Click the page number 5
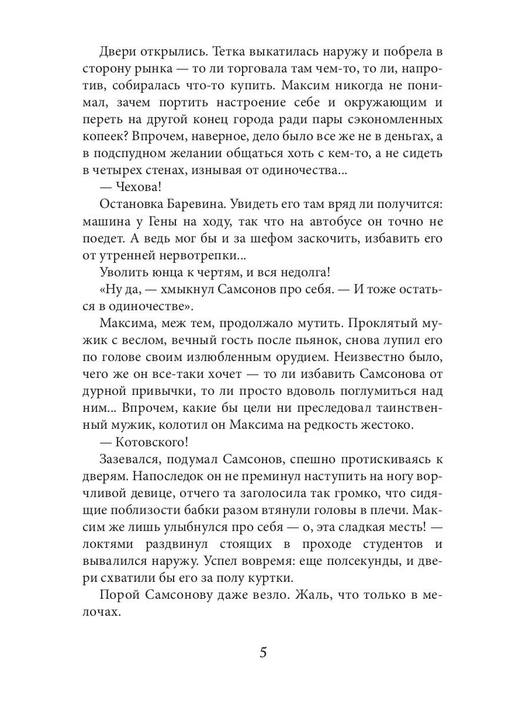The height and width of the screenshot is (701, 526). point(263,652)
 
